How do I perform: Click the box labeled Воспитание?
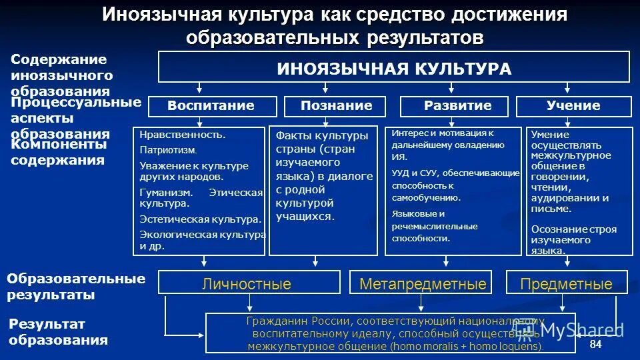click(x=211, y=106)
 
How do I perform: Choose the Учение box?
click(x=573, y=106)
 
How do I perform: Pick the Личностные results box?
click(x=247, y=284)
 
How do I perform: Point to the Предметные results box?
click(x=566, y=284)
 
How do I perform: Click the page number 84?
click(x=595, y=344)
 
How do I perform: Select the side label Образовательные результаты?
click(x=76, y=287)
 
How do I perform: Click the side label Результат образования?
click(x=58, y=332)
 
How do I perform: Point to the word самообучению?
click(x=426, y=198)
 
